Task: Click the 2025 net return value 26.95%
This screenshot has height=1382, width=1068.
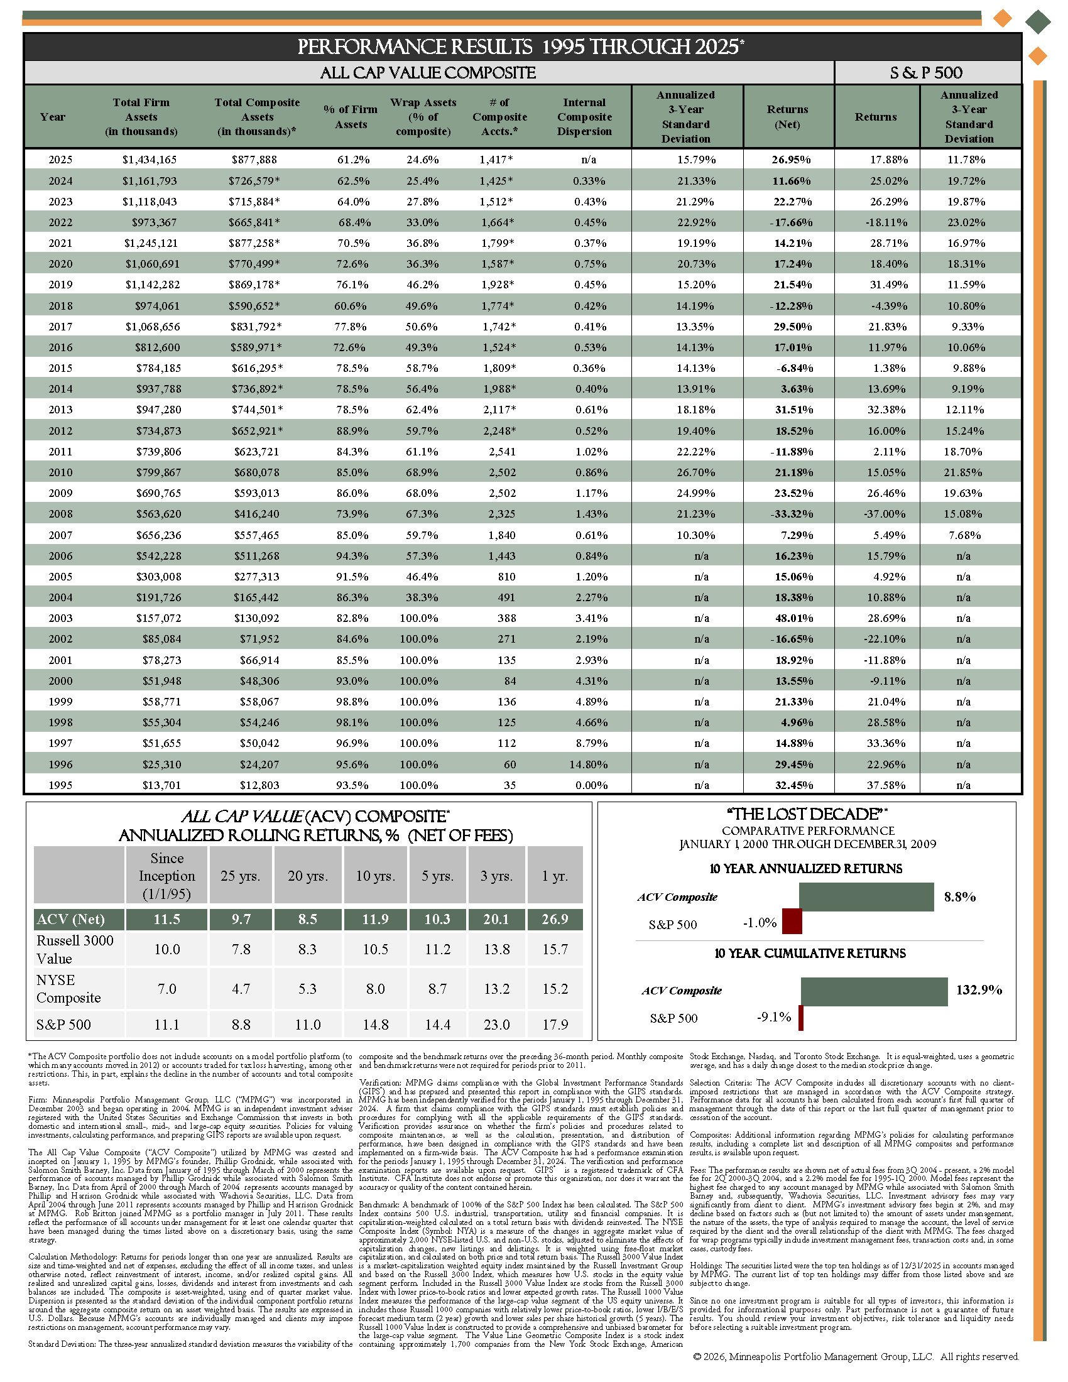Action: (x=790, y=160)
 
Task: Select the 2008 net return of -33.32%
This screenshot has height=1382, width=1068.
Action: (x=791, y=514)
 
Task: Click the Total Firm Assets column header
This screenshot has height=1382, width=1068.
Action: (x=141, y=117)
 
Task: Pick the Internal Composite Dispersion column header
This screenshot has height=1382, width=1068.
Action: (x=584, y=117)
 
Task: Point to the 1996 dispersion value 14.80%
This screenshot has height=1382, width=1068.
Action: (x=588, y=764)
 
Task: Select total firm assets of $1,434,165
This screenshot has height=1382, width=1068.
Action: (x=150, y=160)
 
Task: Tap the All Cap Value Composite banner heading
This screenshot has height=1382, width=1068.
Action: (x=428, y=73)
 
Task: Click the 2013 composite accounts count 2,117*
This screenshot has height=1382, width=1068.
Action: (x=499, y=410)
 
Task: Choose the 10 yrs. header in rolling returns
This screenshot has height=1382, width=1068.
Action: (x=374, y=876)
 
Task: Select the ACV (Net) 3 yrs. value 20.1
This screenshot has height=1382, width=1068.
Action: (x=496, y=919)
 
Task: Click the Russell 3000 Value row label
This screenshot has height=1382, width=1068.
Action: (x=75, y=949)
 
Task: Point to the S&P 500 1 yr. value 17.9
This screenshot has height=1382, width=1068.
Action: (x=555, y=1024)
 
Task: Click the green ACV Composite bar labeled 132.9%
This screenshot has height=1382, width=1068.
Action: (x=874, y=991)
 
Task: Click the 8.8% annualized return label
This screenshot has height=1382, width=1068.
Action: (x=959, y=896)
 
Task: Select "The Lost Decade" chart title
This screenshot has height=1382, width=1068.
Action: (x=807, y=814)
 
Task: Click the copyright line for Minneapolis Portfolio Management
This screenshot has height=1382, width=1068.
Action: (x=856, y=1356)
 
